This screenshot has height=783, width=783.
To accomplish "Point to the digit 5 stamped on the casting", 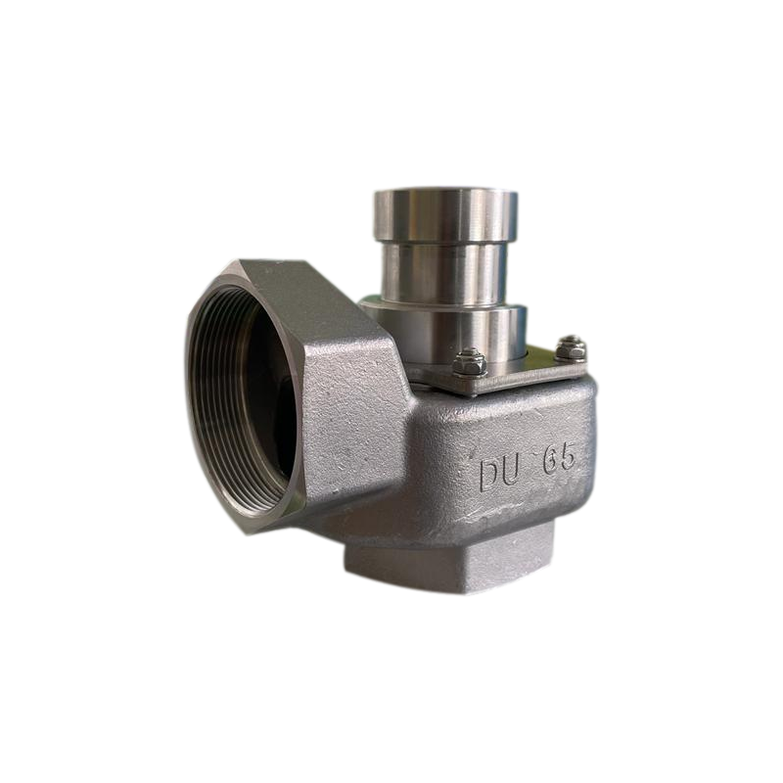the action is (x=569, y=457).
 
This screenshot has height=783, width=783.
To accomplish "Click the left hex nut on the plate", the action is (x=470, y=361).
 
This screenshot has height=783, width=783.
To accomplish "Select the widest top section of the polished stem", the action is (x=446, y=213).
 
